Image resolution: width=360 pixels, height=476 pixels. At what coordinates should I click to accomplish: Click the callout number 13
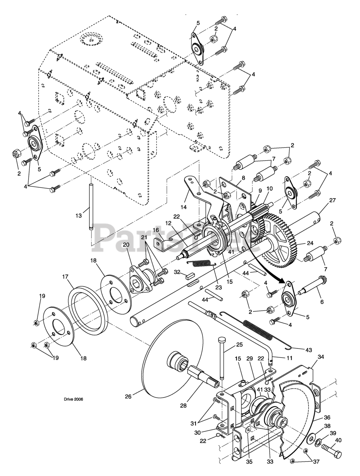(x=78, y=216)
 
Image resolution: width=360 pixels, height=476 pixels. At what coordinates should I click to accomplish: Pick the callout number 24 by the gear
(x=310, y=243)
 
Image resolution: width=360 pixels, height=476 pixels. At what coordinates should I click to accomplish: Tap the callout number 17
(x=65, y=277)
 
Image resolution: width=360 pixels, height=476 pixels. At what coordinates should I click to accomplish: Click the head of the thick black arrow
(x=283, y=281)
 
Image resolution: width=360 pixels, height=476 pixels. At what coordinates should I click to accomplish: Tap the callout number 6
(x=322, y=302)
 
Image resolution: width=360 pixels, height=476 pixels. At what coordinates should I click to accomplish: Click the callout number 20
(x=126, y=245)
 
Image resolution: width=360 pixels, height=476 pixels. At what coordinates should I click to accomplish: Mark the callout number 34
(x=321, y=357)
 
